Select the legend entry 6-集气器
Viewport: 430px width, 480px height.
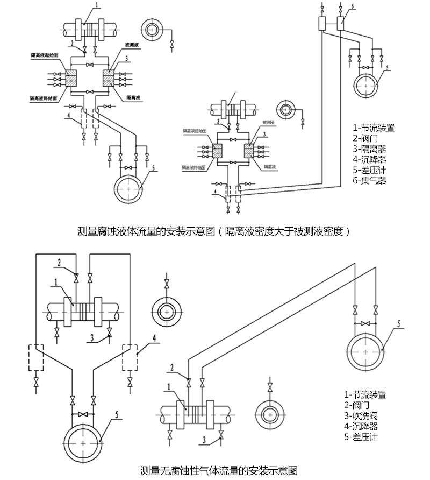369,181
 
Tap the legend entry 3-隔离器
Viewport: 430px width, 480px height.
369,149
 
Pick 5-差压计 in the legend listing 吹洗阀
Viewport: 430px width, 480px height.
361,437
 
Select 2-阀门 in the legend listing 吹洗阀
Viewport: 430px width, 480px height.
357,405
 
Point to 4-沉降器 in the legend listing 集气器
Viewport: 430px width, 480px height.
369,159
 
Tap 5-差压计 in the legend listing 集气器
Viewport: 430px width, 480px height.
369,170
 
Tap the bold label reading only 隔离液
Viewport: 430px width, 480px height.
134,98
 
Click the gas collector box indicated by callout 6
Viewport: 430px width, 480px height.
341,24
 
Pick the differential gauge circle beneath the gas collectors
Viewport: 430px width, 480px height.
367,84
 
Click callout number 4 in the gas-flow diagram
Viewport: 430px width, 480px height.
154,338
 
